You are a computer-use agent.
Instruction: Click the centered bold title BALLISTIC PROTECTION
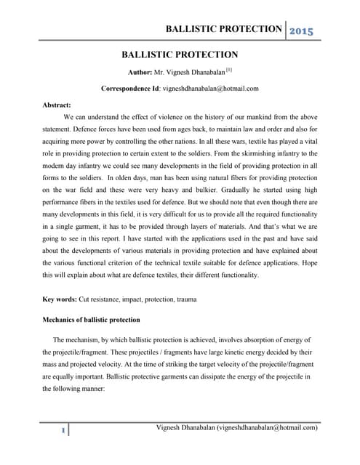pyautogui.click(x=180, y=54)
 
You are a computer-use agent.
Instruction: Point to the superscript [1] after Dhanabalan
pyautogui.click(x=228, y=70)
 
